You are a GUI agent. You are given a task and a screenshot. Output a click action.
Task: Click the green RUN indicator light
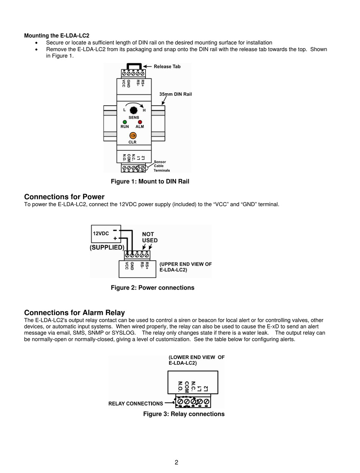click(x=125, y=122)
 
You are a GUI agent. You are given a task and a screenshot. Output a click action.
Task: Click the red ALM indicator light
click(x=140, y=122)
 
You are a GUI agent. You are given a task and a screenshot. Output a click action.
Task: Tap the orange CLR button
click(x=133, y=135)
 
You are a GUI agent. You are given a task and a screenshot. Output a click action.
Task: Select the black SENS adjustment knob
click(x=133, y=110)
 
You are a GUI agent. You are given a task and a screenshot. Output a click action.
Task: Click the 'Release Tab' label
click(x=167, y=66)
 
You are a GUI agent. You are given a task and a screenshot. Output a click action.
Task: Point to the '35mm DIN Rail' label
click(x=175, y=94)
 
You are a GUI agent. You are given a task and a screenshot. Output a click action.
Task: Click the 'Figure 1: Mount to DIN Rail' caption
click(x=150, y=182)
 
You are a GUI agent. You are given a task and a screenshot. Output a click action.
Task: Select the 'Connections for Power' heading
click(x=64, y=197)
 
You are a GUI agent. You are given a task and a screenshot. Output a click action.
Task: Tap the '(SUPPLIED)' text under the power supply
click(x=107, y=247)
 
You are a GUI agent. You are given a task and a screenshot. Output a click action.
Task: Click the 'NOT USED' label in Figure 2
click(x=150, y=237)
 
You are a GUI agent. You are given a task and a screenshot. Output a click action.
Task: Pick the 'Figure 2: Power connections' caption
click(x=152, y=288)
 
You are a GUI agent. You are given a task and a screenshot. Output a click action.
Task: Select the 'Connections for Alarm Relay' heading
click(x=74, y=313)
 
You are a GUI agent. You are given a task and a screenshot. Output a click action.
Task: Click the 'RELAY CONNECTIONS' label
click(x=136, y=404)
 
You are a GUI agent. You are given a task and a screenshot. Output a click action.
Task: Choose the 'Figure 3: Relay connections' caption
click(x=184, y=414)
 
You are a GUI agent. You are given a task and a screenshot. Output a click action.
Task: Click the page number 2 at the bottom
click(x=177, y=462)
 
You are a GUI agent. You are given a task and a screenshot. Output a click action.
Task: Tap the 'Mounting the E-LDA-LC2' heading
click(x=57, y=36)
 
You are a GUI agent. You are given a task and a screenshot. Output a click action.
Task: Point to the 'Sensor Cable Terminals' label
click(x=162, y=166)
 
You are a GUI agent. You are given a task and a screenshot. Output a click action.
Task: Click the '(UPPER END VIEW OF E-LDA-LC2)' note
click(x=185, y=267)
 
